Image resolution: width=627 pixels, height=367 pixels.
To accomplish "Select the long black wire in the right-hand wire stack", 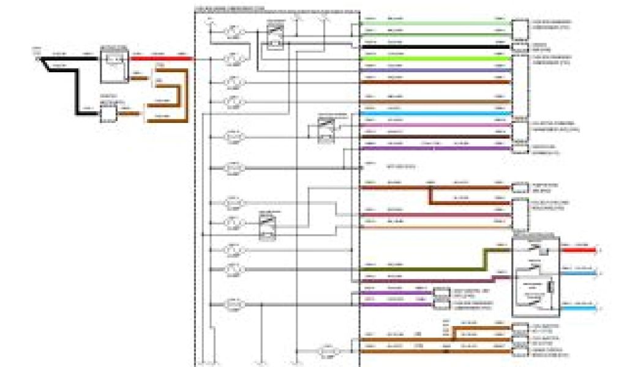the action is tap(435, 46).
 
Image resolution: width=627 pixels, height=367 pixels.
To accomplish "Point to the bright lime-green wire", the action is tap(435, 57).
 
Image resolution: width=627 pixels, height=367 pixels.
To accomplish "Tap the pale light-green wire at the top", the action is tap(435, 23).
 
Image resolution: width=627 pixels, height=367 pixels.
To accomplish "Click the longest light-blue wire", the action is tap(435, 113).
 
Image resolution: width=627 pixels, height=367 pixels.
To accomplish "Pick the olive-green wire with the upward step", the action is tap(429, 268).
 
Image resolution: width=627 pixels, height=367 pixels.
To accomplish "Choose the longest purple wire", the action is tap(435, 148).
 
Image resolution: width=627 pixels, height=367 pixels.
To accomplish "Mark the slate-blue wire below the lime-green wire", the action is tap(435, 70).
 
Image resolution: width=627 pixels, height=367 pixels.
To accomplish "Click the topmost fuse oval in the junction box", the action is tap(233, 31).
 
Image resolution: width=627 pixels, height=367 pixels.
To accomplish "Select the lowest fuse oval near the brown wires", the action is tap(329, 351).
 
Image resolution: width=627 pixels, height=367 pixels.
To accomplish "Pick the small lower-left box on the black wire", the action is tap(108, 113).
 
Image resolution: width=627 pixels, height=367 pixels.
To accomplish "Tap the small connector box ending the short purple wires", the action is tap(440, 296).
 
